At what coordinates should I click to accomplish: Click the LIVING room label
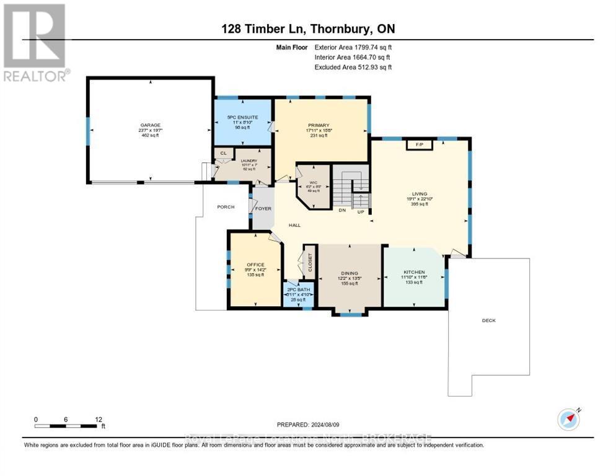419,193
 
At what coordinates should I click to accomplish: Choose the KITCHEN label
413,272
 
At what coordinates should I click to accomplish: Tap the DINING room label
350,272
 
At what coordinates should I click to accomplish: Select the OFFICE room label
255,265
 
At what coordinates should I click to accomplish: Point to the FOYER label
263,208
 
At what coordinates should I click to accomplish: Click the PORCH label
226,206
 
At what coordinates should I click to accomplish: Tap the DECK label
489,320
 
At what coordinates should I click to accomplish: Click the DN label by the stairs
341,210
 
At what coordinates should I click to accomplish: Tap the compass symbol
568,420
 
